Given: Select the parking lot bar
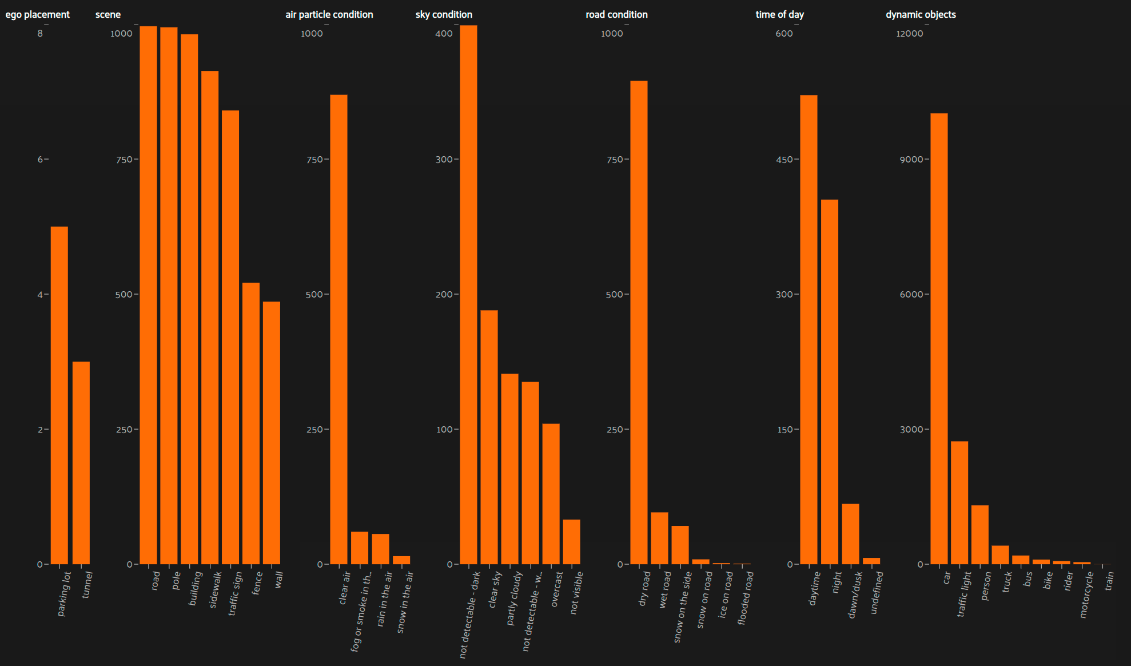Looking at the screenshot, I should tap(59, 395).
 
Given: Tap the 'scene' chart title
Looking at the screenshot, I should tap(108, 14).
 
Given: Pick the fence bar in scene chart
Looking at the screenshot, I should tap(251, 423).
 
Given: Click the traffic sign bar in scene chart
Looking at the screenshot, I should tap(230, 338).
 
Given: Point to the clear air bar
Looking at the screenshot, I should tap(338, 329).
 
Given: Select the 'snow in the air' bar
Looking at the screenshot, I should tap(401, 560).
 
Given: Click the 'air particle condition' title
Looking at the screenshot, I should tap(329, 14).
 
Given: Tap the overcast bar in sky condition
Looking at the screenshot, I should tap(551, 494).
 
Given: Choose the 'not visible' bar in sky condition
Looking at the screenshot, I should tap(571, 542).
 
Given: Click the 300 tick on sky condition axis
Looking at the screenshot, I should tap(444, 160).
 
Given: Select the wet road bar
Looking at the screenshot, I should tap(659, 538).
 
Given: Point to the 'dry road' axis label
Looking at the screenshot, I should tap(644, 588).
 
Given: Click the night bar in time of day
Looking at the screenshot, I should tap(830, 382).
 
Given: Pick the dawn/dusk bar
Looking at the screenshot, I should tap(850, 534).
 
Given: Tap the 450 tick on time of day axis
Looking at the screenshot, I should tap(784, 160).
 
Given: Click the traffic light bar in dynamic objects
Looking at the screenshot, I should tap(959, 502).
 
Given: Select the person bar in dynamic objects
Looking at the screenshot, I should tap(980, 534).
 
